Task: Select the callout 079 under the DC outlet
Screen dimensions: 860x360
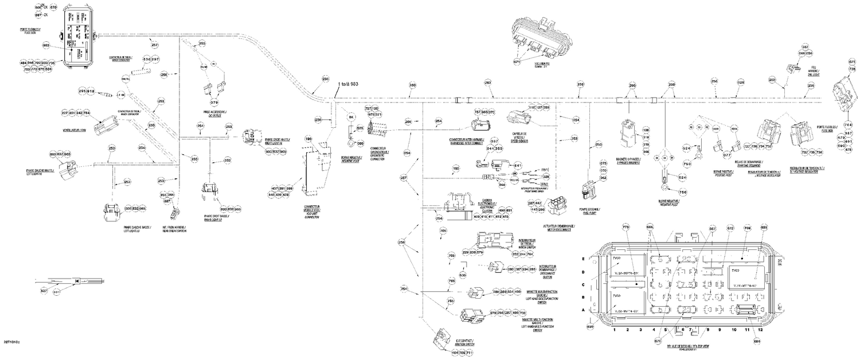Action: [214, 103]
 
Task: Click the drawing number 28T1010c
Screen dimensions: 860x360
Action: [11, 342]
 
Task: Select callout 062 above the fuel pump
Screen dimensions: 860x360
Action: [603, 178]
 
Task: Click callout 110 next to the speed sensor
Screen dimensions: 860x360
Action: [531, 107]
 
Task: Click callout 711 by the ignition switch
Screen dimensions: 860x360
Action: [470, 353]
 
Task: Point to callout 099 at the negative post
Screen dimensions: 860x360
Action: [361, 143]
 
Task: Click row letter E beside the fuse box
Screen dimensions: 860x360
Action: [584, 259]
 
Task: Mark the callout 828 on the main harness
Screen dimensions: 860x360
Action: [741, 83]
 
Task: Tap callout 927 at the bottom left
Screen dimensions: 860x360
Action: [43, 291]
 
